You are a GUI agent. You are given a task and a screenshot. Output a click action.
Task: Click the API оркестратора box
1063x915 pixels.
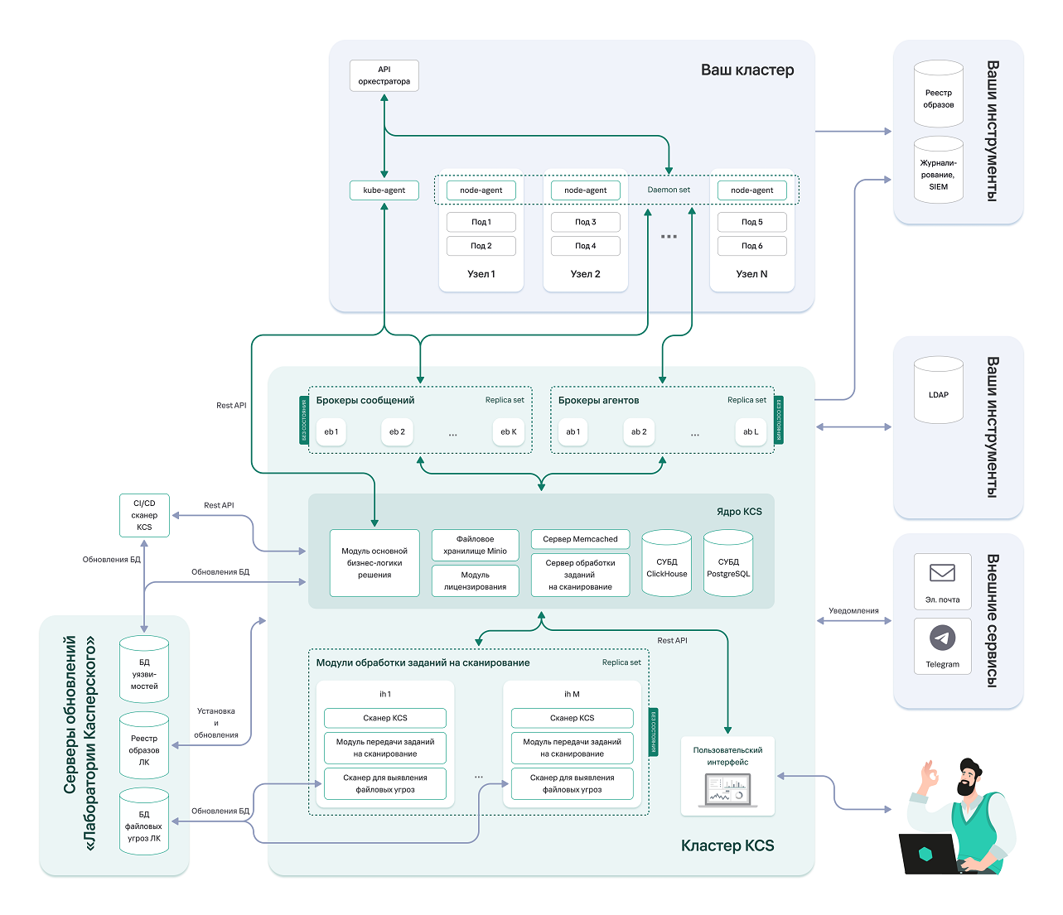[x=384, y=75]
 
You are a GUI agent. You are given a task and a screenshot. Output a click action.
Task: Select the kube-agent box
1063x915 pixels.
[x=384, y=190]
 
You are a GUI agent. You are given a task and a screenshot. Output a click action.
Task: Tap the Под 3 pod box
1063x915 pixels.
[x=585, y=222]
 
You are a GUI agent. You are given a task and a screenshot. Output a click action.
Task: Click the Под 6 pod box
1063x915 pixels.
[x=751, y=246]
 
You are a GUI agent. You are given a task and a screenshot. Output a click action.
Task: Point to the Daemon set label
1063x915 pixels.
[x=668, y=190]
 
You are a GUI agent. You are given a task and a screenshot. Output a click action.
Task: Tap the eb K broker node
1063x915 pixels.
[x=508, y=431]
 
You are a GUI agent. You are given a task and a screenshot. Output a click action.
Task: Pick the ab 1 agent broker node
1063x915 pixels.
[x=572, y=431]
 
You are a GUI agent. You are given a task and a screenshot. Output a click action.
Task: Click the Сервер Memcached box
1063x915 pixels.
[x=580, y=539]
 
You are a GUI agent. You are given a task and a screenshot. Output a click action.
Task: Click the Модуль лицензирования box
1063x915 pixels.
[x=475, y=580]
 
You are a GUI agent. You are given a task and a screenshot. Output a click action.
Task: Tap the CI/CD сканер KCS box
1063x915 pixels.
[x=144, y=515]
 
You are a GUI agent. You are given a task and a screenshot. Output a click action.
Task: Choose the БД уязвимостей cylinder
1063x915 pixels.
[x=144, y=670]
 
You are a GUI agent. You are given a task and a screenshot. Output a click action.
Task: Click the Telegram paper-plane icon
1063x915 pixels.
[x=942, y=638]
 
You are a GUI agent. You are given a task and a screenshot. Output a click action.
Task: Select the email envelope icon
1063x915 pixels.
[x=942, y=572]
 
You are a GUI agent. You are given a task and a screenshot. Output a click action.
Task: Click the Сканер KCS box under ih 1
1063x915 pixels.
[x=384, y=718]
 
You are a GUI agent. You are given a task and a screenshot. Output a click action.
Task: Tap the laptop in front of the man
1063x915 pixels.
[x=928, y=853]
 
